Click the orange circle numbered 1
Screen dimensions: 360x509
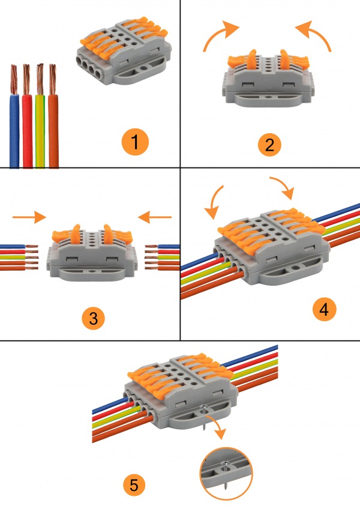[135, 142]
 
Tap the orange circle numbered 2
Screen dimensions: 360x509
[269, 145]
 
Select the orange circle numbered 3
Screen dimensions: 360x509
[93, 318]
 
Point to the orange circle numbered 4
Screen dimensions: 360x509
[324, 309]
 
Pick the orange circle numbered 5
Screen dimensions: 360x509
[134, 486]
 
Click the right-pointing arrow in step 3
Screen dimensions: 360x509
[29, 217]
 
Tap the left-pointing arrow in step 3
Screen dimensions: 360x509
[155, 217]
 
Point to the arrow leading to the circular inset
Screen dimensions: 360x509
[216, 425]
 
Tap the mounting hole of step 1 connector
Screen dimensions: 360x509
[143, 68]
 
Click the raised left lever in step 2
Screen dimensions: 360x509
[251, 59]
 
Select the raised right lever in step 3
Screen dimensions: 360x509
[107, 233]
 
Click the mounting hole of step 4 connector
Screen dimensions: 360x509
[295, 268]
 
